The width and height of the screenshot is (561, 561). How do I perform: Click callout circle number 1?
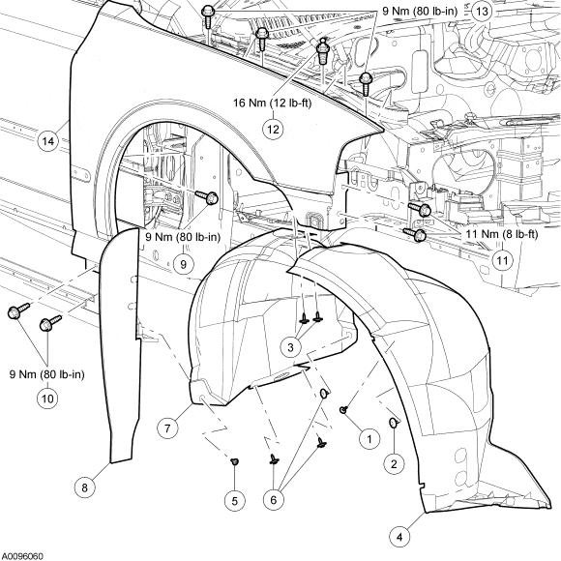click(x=367, y=438)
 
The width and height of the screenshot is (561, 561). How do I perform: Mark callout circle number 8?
click(x=84, y=487)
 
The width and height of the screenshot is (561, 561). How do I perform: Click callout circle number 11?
click(x=501, y=259)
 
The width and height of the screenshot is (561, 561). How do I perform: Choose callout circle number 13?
click(x=482, y=11)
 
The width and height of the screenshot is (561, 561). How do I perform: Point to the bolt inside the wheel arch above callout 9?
click(x=210, y=199)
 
